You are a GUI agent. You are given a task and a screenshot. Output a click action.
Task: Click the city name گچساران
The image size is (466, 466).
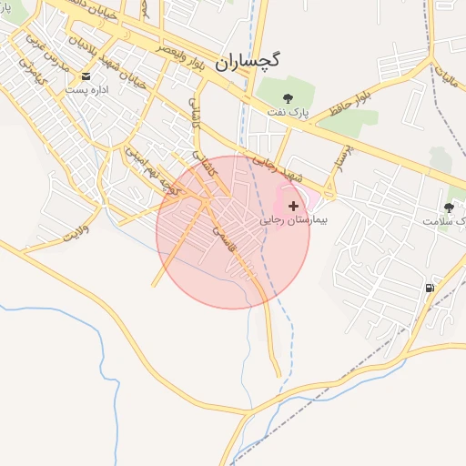tap(248, 62)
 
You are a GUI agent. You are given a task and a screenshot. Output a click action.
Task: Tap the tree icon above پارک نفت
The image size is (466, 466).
tap(288, 97)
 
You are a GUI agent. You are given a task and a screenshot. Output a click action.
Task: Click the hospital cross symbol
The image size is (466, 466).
tap(292, 207)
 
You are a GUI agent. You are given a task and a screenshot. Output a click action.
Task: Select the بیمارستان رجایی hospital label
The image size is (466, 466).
tap(293, 220)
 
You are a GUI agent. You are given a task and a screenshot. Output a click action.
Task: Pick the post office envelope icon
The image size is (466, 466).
tap(86, 76)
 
